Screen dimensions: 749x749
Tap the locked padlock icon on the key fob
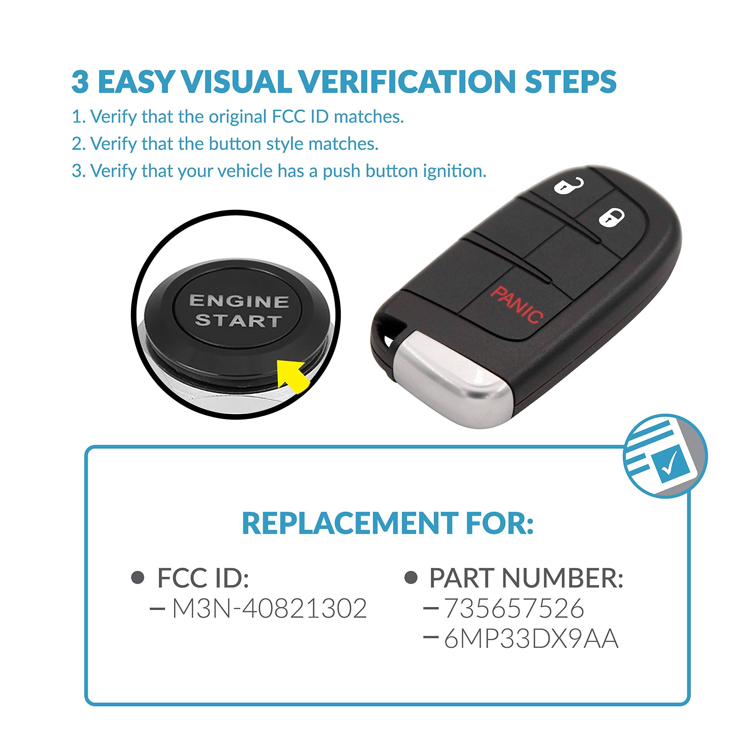click(611, 217)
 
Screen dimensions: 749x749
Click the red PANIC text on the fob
click(516, 305)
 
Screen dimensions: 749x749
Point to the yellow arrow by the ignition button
click(293, 375)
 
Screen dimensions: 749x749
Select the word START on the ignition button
click(238, 321)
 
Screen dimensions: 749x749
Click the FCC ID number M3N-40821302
click(269, 608)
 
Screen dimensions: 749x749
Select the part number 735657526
click(514, 608)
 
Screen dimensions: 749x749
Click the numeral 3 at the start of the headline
click(80, 82)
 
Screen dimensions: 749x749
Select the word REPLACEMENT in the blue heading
click(350, 524)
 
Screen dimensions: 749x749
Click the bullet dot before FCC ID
click(138, 578)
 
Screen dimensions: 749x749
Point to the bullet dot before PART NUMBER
click(410, 578)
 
